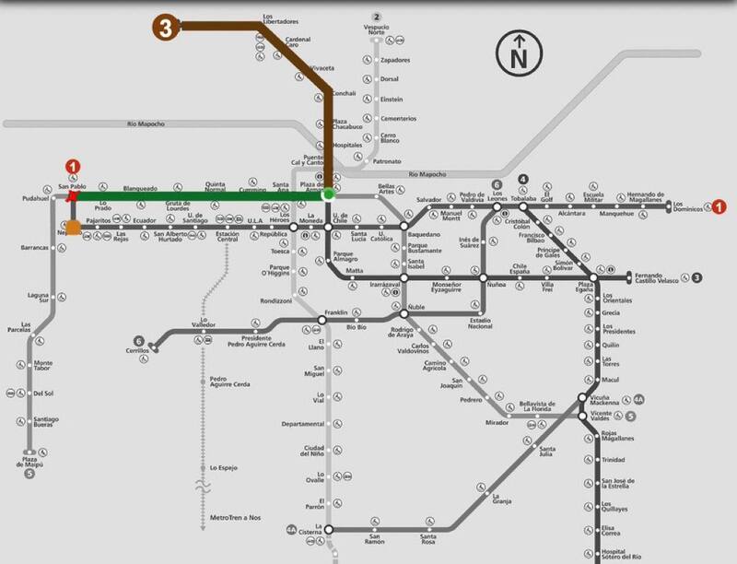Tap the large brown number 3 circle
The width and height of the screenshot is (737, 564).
(x=167, y=27)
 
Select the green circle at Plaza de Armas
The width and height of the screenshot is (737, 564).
(x=328, y=194)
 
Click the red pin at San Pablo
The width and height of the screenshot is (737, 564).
(x=72, y=196)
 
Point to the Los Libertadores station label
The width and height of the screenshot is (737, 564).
(x=280, y=18)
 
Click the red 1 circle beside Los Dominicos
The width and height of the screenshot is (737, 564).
(x=719, y=206)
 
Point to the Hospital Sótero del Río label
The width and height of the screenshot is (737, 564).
(x=619, y=554)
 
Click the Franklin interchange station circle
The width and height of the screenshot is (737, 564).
(x=323, y=320)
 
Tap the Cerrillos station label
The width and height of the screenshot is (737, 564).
(x=137, y=352)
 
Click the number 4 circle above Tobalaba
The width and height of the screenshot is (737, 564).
(x=522, y=179)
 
